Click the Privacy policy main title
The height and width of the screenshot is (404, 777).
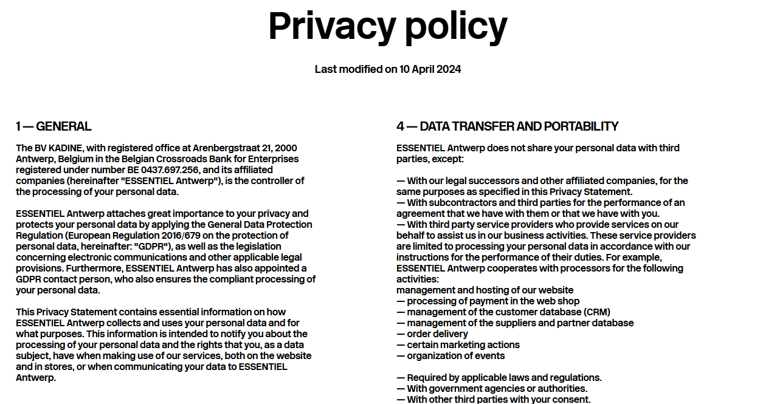(x=388, y=26)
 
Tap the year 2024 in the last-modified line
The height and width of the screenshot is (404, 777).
(x=449, y=69)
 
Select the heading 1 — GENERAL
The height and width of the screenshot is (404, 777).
(x=54, y=126)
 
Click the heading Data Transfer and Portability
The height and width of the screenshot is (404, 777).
(x=507, y=126)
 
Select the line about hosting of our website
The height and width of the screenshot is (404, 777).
(x=485, y=290)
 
